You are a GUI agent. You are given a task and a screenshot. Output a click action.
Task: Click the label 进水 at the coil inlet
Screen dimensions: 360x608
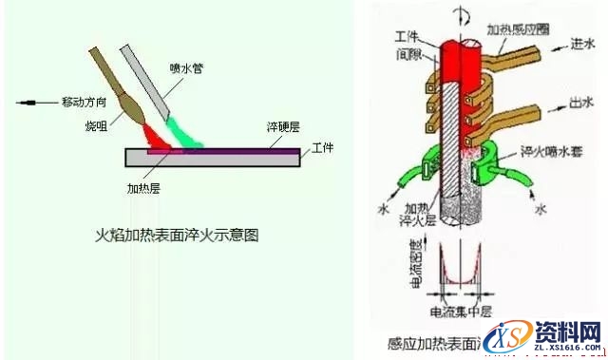tap(582, 44)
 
